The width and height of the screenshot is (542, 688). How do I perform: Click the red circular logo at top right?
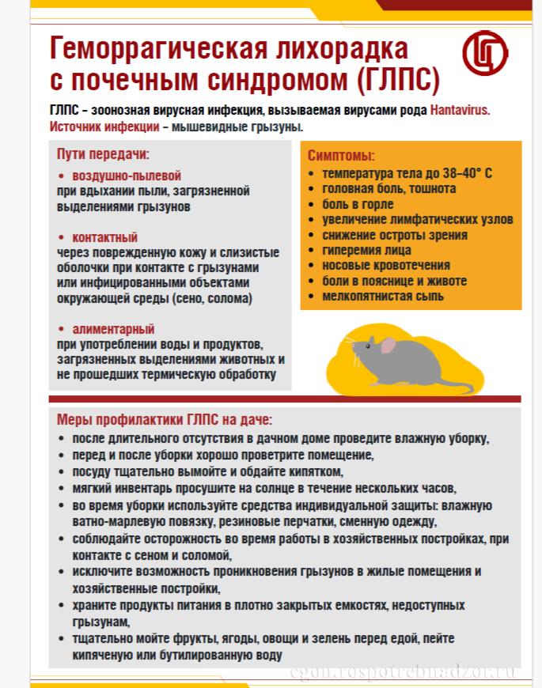pyautogui.click(x=485, y=53)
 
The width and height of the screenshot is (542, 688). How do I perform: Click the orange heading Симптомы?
pyautogui.click(x=341, y=156)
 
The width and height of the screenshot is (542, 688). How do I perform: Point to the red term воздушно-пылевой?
pyautogui.click(x=127, y=176)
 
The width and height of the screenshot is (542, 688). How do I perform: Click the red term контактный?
pyautogui.click(x=104, y=237)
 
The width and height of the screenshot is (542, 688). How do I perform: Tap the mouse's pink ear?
pyautogui.click(x=388, y=345)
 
